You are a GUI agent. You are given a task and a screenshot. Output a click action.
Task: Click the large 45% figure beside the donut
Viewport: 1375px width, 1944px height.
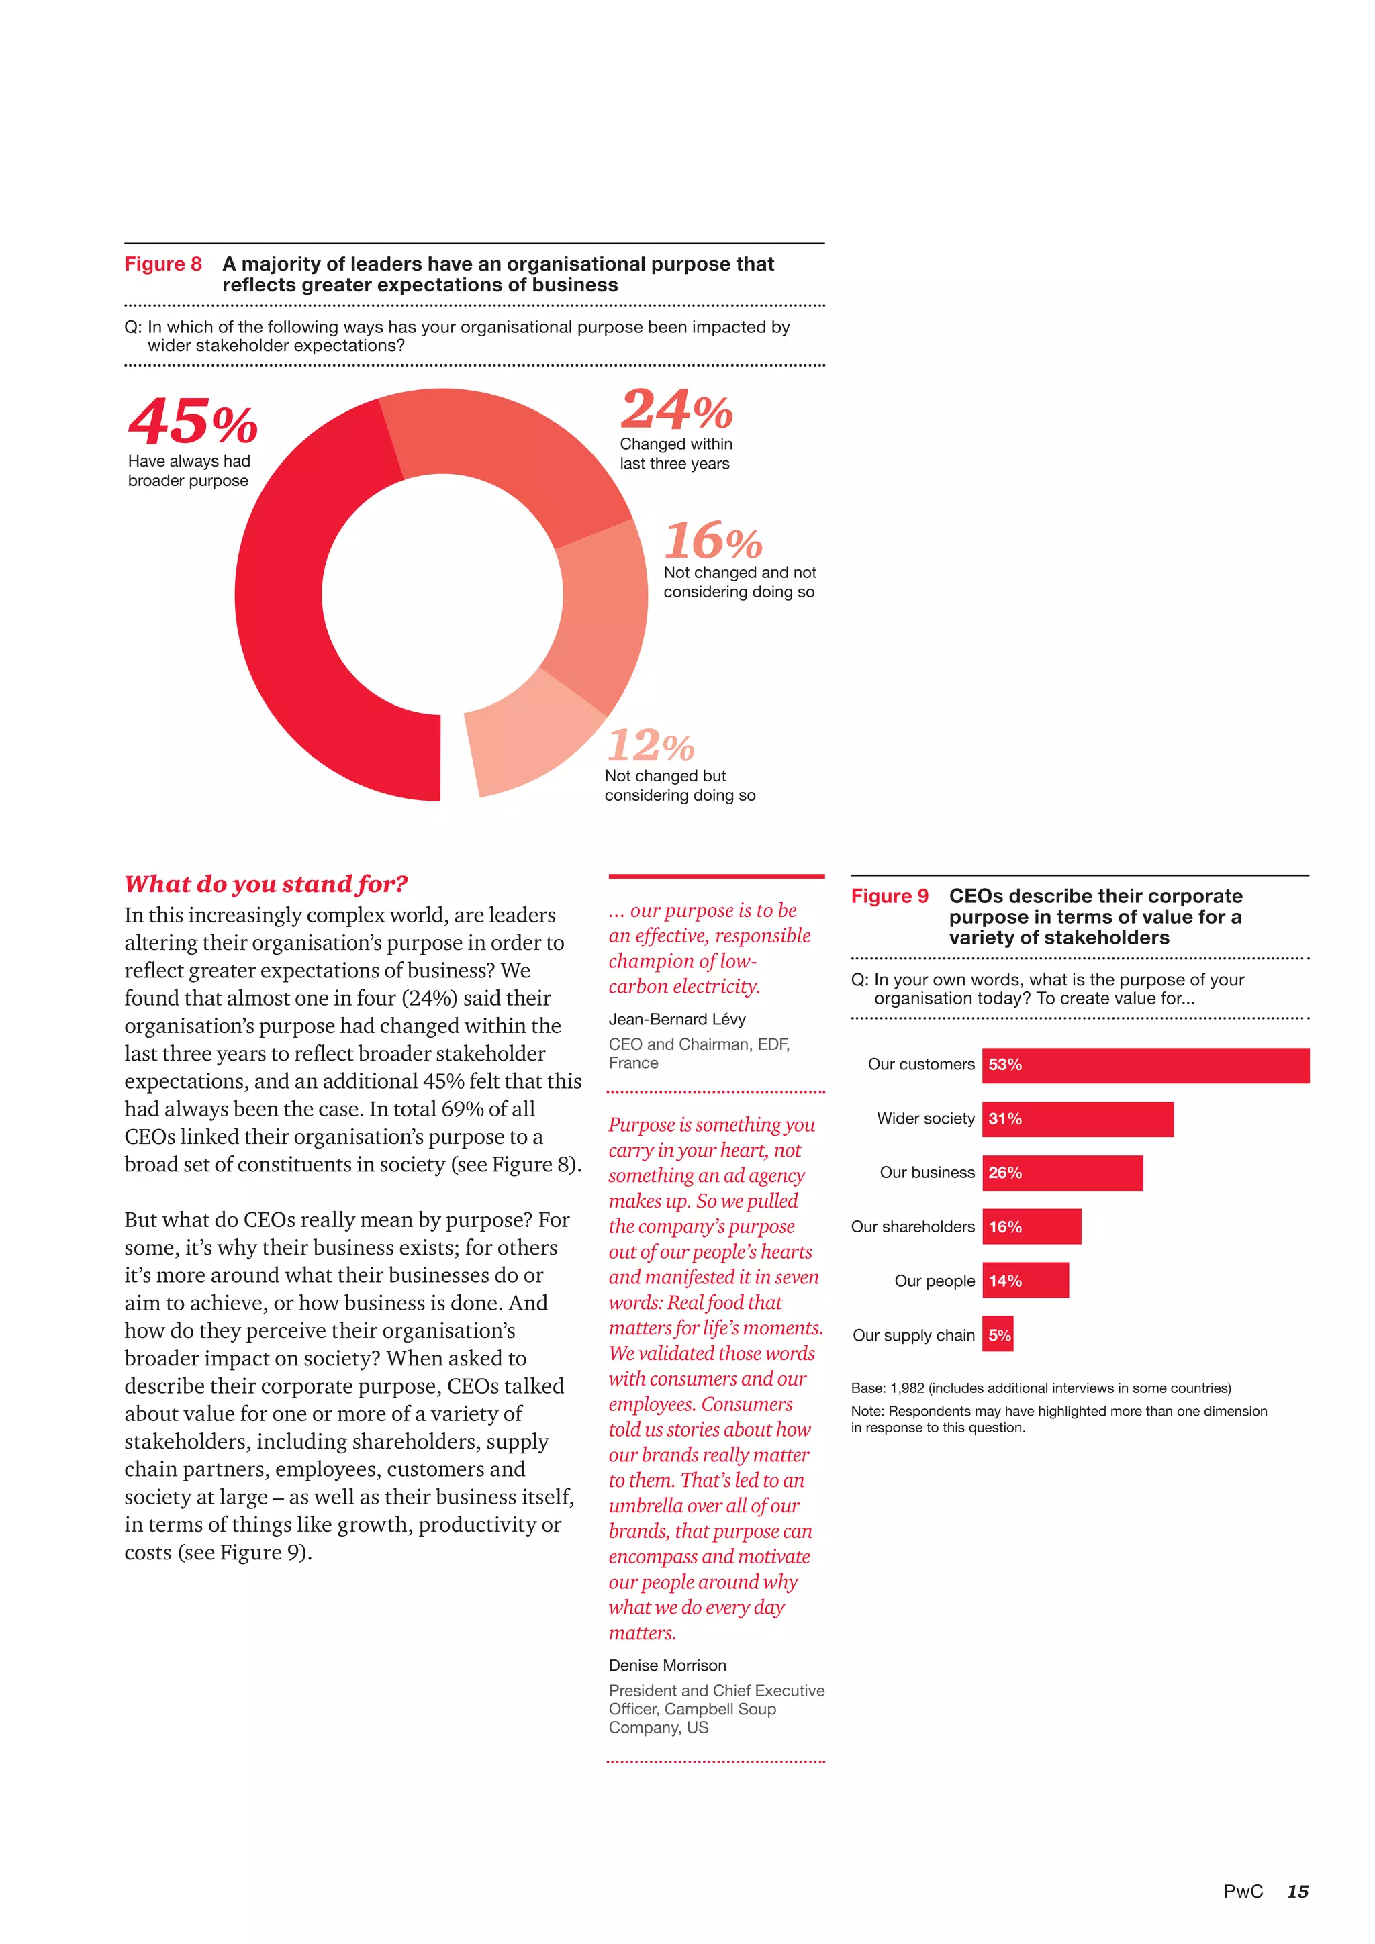193,422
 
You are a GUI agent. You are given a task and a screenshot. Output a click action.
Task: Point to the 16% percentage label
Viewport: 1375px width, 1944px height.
713,541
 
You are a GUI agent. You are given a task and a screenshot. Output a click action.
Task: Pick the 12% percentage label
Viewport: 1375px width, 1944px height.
651,746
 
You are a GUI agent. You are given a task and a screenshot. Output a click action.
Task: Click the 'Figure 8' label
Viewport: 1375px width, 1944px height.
162,264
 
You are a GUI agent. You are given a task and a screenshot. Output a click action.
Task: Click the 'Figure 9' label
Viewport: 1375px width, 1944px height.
889,895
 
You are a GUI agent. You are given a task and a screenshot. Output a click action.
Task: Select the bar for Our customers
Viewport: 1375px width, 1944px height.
1145,1065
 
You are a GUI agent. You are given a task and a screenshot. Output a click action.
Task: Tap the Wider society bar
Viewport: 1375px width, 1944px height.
1077,1119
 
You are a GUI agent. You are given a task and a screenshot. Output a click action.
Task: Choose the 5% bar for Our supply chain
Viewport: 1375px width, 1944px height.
998,1335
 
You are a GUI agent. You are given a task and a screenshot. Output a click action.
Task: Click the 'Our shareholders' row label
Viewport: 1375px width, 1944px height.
912,1227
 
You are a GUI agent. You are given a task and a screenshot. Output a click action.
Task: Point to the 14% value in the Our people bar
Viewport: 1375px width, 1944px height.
1005,1281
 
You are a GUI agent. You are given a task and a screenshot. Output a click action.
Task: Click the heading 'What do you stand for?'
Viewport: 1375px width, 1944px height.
266,884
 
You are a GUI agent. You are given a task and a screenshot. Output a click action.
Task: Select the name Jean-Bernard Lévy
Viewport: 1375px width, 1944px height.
677,1020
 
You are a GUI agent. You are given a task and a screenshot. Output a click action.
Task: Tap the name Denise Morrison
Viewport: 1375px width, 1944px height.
667,1665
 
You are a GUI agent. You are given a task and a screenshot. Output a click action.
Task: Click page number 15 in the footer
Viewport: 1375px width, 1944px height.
1297,1892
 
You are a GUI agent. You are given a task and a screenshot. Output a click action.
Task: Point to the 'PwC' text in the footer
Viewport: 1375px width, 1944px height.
1242,1892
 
